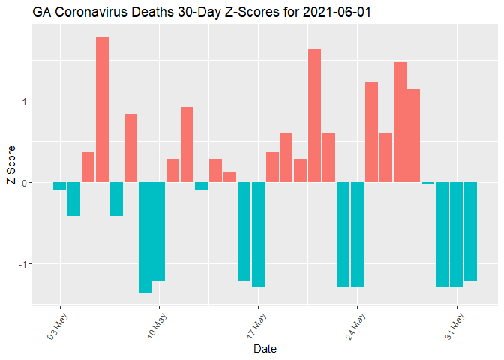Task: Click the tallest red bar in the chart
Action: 102,109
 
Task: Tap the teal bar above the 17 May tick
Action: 258,234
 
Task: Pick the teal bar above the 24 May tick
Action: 357,234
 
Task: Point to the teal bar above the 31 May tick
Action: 456,234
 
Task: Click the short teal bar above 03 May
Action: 59,186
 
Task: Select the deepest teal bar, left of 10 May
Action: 145,237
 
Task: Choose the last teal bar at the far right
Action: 470,231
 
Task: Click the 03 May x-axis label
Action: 56,325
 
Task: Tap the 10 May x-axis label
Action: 155,325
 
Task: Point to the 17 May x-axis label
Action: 254,325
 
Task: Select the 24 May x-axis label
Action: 353,325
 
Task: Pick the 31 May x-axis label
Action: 452,325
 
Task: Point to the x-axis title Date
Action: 265,349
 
